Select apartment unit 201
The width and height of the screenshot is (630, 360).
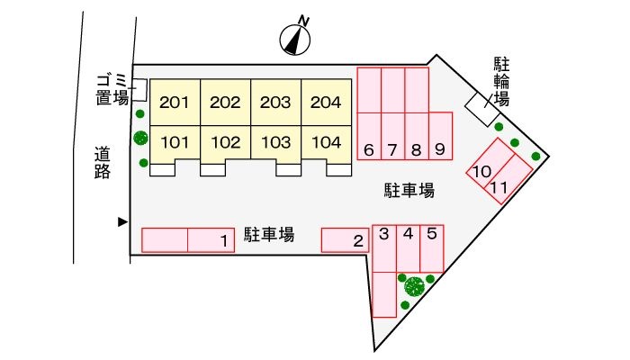point(175,103)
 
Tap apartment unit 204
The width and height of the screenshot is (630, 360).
point(325,103)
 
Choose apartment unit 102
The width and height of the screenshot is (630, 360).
point(225,142)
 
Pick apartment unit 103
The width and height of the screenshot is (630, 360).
point(275,142)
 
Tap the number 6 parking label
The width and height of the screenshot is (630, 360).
point(369,150)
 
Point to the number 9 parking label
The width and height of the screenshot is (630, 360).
point(439,150)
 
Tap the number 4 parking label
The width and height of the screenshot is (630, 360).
point(408,234)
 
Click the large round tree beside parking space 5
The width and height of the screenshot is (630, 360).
point(414,287)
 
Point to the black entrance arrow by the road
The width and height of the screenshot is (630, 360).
point(122,221)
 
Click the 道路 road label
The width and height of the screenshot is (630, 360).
point(102,163)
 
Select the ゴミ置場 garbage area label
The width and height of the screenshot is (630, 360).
point(113,91)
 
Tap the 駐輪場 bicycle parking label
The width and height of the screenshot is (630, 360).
point(500,81)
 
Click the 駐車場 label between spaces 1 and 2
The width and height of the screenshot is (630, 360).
point(269,237)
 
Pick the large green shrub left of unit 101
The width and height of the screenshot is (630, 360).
point(140,138)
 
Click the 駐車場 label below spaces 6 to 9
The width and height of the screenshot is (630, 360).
point(409,190)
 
